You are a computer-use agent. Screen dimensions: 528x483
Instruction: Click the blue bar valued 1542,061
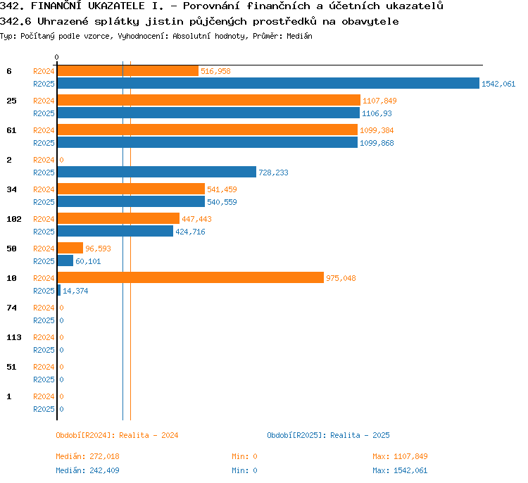pyautogui.click(x=268, y=83)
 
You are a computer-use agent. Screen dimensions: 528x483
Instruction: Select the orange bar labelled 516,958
pyautogui.click(x=128, y=70)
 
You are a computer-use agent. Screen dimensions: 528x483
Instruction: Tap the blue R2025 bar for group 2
pyautogui.click(x=157, y=172)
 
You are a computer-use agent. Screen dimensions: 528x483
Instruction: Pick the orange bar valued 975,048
pyautogui.click(x=191, y=277)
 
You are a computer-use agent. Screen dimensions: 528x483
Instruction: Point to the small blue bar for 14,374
pyautogui.click(x=59, y=290)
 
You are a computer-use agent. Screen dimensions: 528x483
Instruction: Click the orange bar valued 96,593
pyautogui.click(x=70, y=248)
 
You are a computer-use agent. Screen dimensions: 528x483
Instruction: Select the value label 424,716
pyautogui.click(x=190, y=232)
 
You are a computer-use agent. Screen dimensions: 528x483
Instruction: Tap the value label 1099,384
pyautogui.click(x=377, y=130)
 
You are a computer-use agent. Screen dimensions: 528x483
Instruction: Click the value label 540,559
pyautogui.click(x=222, y=202)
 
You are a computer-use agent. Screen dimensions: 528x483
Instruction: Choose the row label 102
pyautogui.click(x=14, y=219)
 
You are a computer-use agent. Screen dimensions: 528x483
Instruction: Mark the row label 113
pyautogui.click(x=14, y=337)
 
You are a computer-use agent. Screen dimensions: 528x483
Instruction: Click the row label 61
pyautogui.click(x=11, y=130)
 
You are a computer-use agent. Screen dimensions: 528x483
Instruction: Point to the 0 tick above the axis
pyautogui.click(x=56, y=57)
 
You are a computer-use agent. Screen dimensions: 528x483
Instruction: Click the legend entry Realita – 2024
pyautogui.click(x=149, y=435)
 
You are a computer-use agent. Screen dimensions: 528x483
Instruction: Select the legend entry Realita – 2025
pyautogui.click(x=360, y=435)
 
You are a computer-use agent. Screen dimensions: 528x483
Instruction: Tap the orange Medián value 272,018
pyautogui.click(x=104, y=456)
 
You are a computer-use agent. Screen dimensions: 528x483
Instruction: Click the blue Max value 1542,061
pyautogui.click(x=410, y=470)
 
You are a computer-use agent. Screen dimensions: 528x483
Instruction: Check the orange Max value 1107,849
pyautogui.click(x=410, y=456)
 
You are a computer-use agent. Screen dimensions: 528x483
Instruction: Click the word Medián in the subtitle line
pyautogui.click(x=299, y=36)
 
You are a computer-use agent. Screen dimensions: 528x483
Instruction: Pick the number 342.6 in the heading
pyautogui.click(x=15, y=22)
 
